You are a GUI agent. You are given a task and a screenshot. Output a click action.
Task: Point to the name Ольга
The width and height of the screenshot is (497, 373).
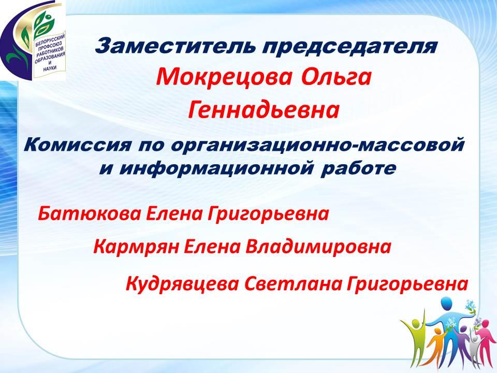pyautogui.click(x=336, y=77)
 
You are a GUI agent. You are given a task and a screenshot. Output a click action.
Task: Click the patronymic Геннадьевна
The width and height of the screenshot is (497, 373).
pyautogui.click(x=264, y=110)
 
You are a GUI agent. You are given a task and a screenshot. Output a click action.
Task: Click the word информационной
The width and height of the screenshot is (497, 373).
pyautogui.click(x=216, y=168)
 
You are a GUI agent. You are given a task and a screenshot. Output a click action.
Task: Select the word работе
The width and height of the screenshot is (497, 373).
pyautogui.click(x=358, y=168)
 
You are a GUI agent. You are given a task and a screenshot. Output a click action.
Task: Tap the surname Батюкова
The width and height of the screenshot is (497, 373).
pyautogui.click(x=89, y=214)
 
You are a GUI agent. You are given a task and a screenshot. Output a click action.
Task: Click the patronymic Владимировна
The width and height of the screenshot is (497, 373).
pyautogui.click(x=318, y=247)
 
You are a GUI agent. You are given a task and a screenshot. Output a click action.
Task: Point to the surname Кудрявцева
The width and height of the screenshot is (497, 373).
pyautogui.click(x=182, y=283)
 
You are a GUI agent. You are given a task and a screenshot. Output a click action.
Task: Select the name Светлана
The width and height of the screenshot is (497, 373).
pyautogui.click(x=294, y=283)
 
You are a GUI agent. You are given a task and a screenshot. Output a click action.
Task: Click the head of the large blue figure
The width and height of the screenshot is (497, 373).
pyautogui.click(x=446, y=304)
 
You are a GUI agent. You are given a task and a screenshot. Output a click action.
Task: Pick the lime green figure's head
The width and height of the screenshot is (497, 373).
pyautogui.click(x=416, y=323)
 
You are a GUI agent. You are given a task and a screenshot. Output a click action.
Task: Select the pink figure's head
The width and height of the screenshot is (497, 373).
pyautogui.click(x=485, y=323)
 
